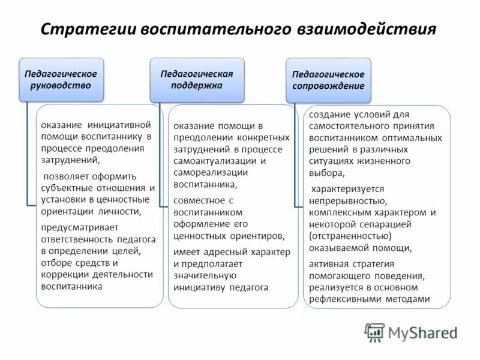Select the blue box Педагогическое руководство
tap(61, 79)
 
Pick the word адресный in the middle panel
tap(224, 251)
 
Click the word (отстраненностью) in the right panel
tap(350, 235)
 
